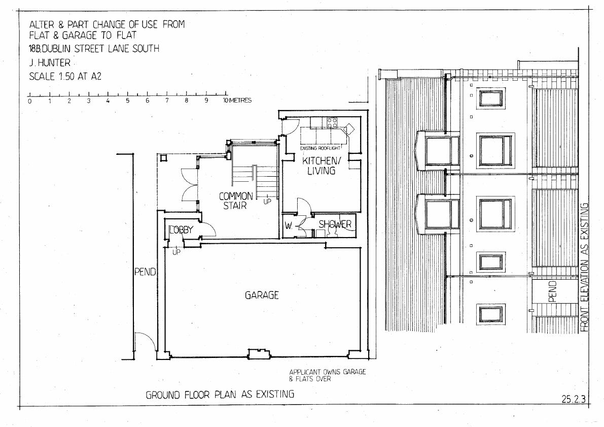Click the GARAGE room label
[x=262, y=295]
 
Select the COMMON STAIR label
[x=235, y=201]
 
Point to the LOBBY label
[x=181, y=230]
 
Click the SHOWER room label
[x=335, y=224]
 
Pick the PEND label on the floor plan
[x=145, y=272]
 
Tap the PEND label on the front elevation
[x=552, y=291]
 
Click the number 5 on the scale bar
[x=127, y=101]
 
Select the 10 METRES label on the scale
[x=237, y=101]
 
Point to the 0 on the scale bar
[x=29, y=101]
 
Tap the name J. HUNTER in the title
[x=50, y=62]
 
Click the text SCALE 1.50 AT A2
[x=65, y=76]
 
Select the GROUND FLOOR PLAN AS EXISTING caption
[x=220, y=395]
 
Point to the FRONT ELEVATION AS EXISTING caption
[x=584, y=267]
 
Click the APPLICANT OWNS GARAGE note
[x=328, y=372]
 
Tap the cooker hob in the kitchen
[x=333, y=123]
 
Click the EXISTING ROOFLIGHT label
[x=319, y=148]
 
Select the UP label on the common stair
[x=267, y=201]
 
